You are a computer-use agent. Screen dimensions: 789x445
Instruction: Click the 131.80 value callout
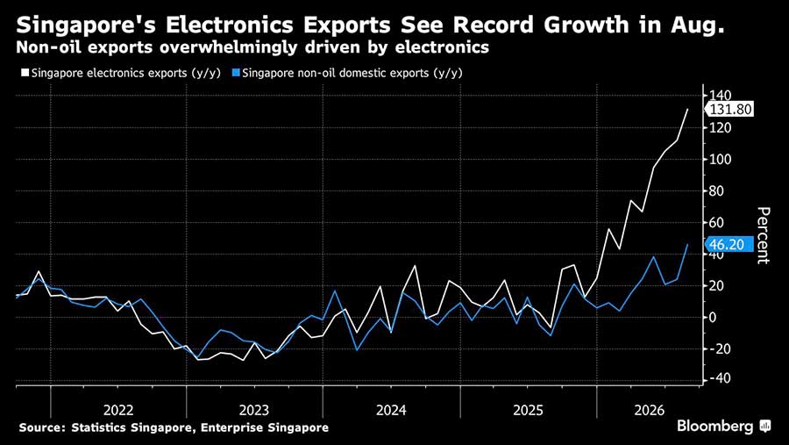tap(729, 110)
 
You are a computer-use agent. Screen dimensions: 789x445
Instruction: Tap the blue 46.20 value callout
tap(729, 244)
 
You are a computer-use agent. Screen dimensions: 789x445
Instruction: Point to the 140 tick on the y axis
tap(720, 96)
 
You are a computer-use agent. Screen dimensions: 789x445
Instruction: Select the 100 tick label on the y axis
tap(720, 159)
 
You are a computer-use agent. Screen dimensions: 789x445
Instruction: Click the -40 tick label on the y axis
tap(719, 378)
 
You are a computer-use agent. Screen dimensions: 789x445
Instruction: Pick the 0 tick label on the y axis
tap(713, 318)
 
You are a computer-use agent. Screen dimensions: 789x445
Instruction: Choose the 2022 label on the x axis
tap(118, 410)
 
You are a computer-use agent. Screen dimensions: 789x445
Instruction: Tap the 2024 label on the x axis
tap(391, 410)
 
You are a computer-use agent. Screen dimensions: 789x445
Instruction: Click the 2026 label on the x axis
tap(649, 410)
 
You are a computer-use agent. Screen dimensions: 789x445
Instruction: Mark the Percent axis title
tap(764, 235)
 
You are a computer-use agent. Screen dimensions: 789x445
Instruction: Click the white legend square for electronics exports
tap(25, 73)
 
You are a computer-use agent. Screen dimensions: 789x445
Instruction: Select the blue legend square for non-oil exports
tap(236, 73)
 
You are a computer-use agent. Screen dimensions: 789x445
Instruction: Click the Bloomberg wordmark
tap(715, 427)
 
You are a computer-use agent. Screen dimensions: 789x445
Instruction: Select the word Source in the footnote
tap(42, 427)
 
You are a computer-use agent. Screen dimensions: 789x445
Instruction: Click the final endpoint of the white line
tap(687, 109)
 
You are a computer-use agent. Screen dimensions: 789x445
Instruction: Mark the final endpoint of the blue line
tap(687, 244)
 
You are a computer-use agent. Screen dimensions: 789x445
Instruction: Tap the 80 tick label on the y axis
tap(716, 191)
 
